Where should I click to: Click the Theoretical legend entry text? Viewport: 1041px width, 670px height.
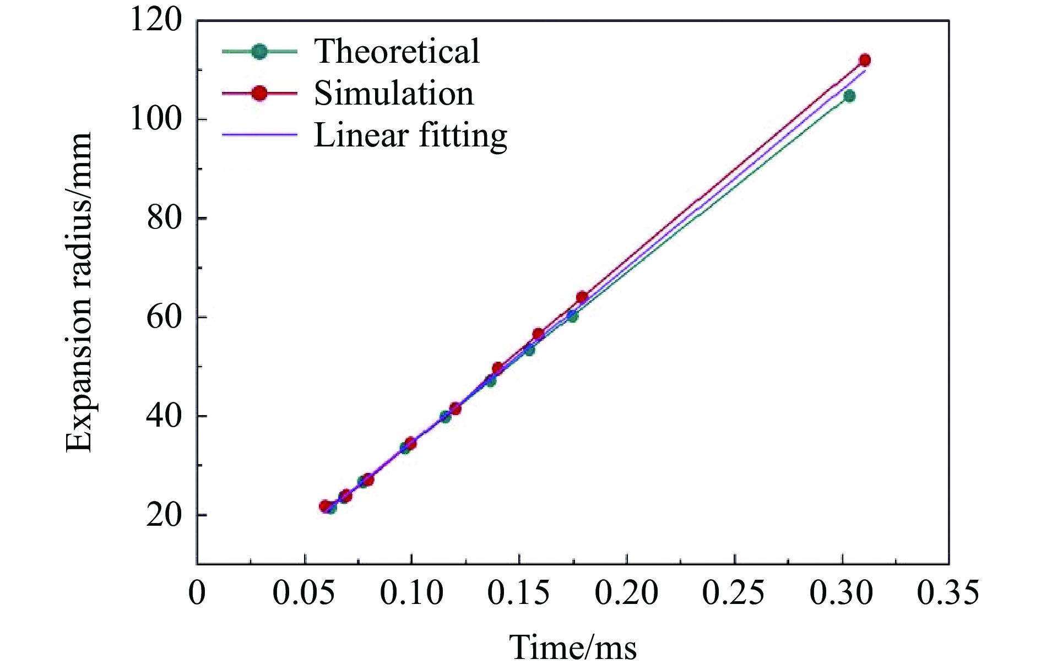click(397, 51)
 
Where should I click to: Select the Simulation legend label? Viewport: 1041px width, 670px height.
click(393, 93)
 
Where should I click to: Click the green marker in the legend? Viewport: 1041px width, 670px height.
click(259, 51)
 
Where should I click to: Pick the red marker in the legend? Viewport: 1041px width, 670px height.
click(259, 93)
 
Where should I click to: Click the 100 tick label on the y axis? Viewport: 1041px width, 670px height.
click(155, 119)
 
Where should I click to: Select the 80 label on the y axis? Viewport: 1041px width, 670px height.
click(164, 218)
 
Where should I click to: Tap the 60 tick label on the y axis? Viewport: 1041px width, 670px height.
click(164, 317)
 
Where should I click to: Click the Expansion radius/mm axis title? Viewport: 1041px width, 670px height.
click(78, 292)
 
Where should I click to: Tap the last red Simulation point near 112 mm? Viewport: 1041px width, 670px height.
click(864, 60)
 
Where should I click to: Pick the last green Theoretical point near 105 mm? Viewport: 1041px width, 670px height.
click(849, 96)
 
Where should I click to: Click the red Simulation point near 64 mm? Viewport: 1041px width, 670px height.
click(582, 297)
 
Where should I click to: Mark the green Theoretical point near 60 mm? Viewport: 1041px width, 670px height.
click(572, 316)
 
